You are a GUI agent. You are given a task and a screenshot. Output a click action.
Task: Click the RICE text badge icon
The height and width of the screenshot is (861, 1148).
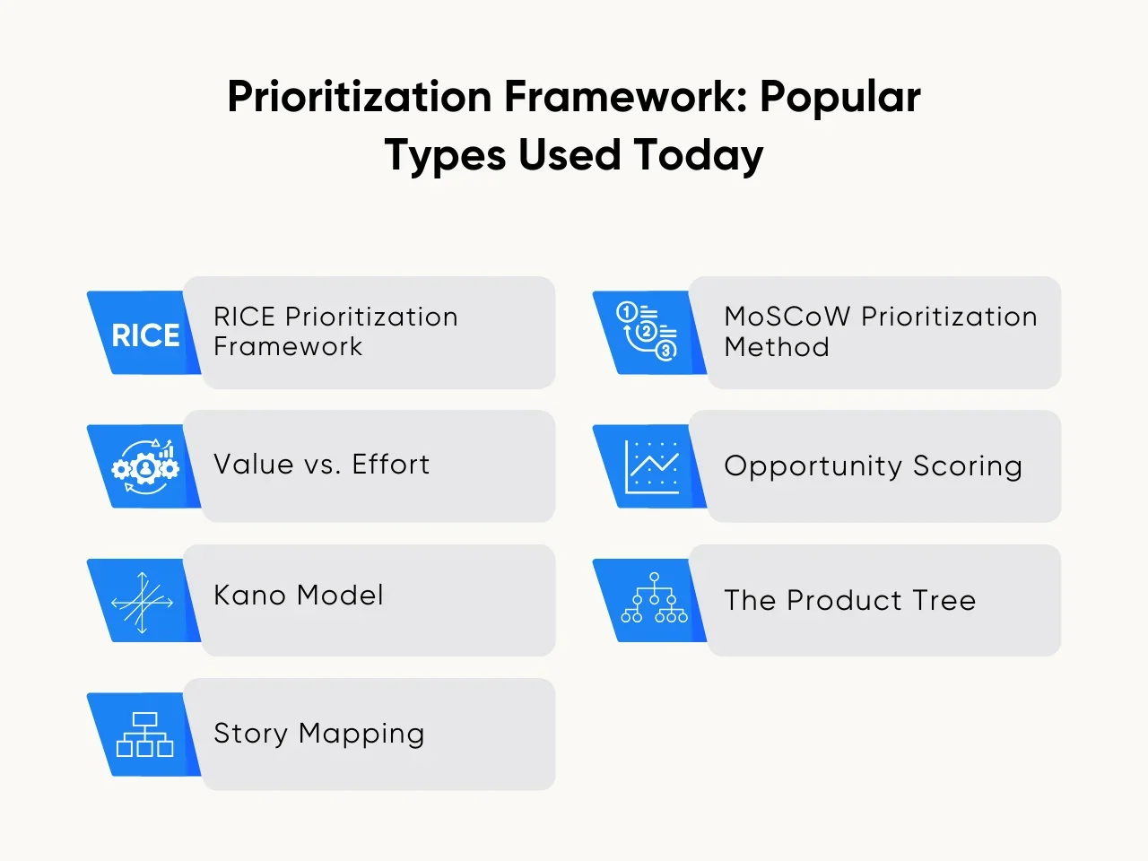(x=145, y=335)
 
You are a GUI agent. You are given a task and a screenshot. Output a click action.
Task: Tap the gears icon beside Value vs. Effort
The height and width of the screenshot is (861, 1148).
(x=145, y=466)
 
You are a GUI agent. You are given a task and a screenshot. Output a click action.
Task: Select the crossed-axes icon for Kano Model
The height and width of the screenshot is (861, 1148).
(x=142, y=602)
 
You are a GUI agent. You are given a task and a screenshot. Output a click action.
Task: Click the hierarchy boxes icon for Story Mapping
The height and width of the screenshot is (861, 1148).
(x=144, y=735)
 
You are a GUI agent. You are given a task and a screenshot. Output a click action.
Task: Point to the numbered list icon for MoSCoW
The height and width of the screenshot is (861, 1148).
(x=647, y=331)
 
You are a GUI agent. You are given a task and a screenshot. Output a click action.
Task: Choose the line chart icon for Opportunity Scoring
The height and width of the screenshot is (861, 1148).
(x=652, y=466)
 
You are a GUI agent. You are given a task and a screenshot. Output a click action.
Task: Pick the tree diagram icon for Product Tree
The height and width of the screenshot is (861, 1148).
(x=654, y=599)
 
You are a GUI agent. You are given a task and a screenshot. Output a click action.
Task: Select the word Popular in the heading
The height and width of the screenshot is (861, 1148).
(x=840, y=97)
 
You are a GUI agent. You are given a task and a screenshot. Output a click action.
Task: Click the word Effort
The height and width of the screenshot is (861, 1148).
(x=391, y=465)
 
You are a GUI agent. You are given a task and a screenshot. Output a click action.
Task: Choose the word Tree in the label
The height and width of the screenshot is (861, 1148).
(x=943, y=600)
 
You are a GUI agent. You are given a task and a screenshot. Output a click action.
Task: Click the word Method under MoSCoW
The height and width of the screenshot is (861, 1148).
(x=777, y=347)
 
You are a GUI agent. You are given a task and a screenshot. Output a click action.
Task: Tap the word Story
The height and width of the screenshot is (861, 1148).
(x=250, y=734)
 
